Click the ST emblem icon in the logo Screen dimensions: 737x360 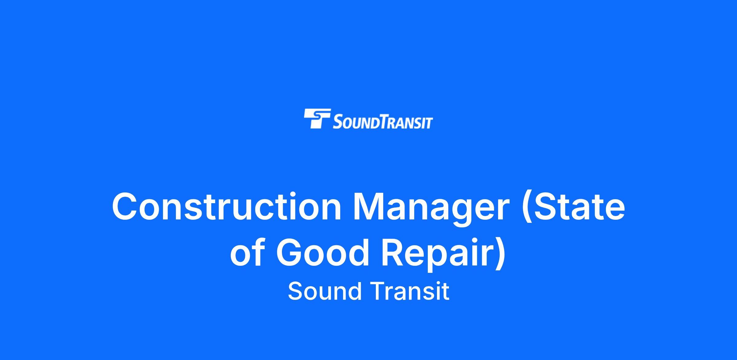pos(317,118)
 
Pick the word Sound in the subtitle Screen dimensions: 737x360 pos(325,291)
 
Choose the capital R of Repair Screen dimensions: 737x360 pos(393,253)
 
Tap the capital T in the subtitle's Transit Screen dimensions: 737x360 pos(379,291)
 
